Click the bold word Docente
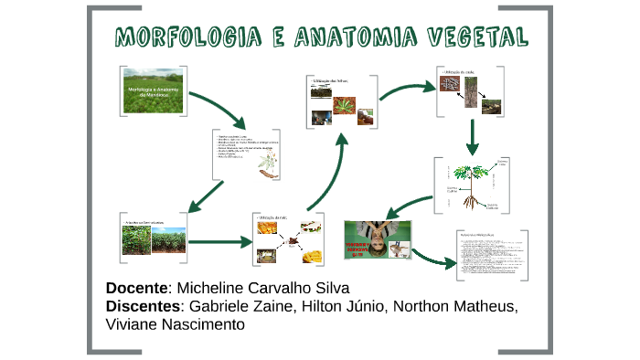tap(137, 288)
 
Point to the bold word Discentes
tap(144, 306)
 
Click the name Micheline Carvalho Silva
tap(262, 288)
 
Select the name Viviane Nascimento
tap(176, 324)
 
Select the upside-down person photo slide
tap(377, 239)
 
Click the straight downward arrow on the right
tap(473, 135)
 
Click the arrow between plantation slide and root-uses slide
tap(219, 241)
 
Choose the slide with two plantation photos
tap(153, 239)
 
